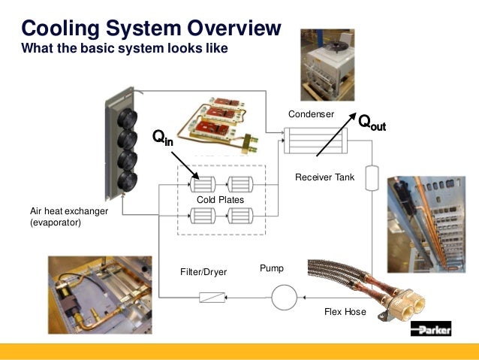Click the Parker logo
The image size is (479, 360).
coord(431,328)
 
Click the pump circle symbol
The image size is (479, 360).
coord(284,298)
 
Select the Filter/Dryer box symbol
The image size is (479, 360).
coord(212,298)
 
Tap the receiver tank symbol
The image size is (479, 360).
coord(372,177)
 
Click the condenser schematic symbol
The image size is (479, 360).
coord(315,141)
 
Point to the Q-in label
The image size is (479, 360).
coord(163,138)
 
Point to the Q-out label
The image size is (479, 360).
coord(372,123)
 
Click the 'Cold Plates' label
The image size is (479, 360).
coord(220,200)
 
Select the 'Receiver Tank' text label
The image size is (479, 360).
coord(325,177)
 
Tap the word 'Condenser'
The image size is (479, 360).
coord(311,114)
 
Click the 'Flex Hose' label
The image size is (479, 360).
coord(345,312)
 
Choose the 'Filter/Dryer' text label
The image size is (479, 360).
coord(203,272)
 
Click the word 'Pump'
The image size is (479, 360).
coord(272,268)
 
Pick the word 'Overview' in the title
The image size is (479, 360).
coord(234,28)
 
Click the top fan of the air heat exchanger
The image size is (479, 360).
coord(127,119)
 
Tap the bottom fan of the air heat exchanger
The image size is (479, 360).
coord(127,181)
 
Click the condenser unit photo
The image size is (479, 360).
coord(327,65)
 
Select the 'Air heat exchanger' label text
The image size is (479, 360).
coord(69,211)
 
